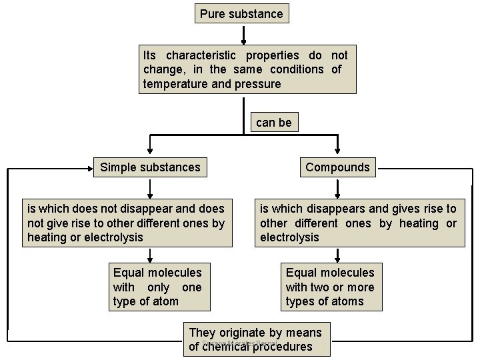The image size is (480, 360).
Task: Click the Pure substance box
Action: click(241, 14)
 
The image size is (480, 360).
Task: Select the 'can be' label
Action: click(273, 123)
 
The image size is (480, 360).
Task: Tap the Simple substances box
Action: click(150, 167)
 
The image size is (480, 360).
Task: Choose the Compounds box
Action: click(337, 167)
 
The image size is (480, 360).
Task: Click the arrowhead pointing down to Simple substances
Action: click(150, 150)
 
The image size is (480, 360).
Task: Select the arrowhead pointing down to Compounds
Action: click(338, 150)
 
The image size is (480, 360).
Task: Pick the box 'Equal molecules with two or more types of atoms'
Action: click(330, 287)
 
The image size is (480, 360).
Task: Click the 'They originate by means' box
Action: click(255, 339)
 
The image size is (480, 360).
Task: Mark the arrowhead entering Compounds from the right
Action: click(381, 168)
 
